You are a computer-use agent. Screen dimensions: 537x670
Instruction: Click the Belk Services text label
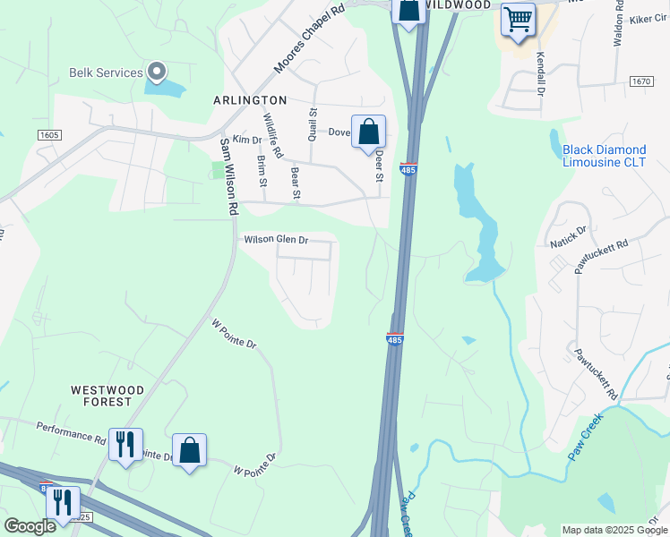tap(106, 72)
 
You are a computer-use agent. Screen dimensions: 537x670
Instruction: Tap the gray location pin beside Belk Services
tap(157, 71)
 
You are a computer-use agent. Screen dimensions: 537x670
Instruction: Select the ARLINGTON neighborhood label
tap(250, 100)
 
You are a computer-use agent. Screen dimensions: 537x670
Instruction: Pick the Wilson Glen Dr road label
tap(276, 240)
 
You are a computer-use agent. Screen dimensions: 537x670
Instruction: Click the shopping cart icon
tap(518, 18)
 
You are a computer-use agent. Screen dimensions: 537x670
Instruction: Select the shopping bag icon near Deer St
tap(368, 132)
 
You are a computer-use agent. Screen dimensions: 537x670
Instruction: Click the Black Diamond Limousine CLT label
tap(604, 156)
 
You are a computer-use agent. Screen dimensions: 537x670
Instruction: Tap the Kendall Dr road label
tap(540, 72)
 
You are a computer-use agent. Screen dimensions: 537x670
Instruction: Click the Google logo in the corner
tap(29, 525)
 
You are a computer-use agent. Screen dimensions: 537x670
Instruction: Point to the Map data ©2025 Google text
tap(614, 530)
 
